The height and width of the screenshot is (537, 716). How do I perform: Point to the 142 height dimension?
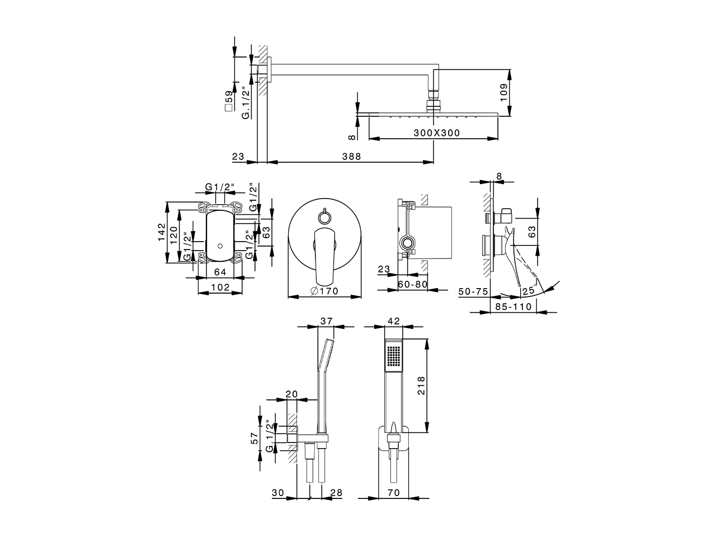pyautogui.click(x=161, y=232)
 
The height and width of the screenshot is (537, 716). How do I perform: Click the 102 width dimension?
pyautogui.click(x=220, y=287)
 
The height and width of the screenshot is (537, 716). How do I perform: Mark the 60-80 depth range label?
pyautogui.click(x=413, y=284)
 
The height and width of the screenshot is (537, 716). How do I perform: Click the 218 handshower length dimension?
pyautogui.click(x=422, y=385)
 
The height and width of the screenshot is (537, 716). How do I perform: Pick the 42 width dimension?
pyautogui.click(x=394, y=321)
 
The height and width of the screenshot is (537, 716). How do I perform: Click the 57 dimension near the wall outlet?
pyautogui.click(x=255, y=438)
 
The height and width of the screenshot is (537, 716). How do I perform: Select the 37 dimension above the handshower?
pyautogui.click(x=326, y=321)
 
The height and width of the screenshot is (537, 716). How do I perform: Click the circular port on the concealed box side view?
pyautogui.click(x=408, y=243)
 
